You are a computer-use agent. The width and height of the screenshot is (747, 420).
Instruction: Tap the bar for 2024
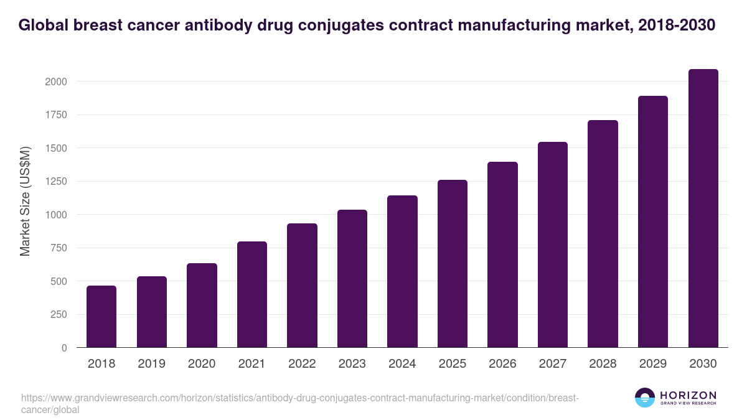point(402,271)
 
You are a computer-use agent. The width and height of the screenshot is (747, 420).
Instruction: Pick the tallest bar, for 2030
point(703,208)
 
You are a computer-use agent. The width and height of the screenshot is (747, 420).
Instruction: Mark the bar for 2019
point(152,312)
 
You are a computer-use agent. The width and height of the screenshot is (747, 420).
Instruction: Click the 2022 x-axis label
point(302,364)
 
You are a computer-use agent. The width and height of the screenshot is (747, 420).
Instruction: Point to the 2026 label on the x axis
point(502,364)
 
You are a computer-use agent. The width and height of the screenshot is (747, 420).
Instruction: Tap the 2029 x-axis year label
point(653,364)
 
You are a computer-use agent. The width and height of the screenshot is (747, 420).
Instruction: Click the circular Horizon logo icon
point(644,398)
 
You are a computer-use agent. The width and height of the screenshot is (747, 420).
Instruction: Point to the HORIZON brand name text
point(688,394)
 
